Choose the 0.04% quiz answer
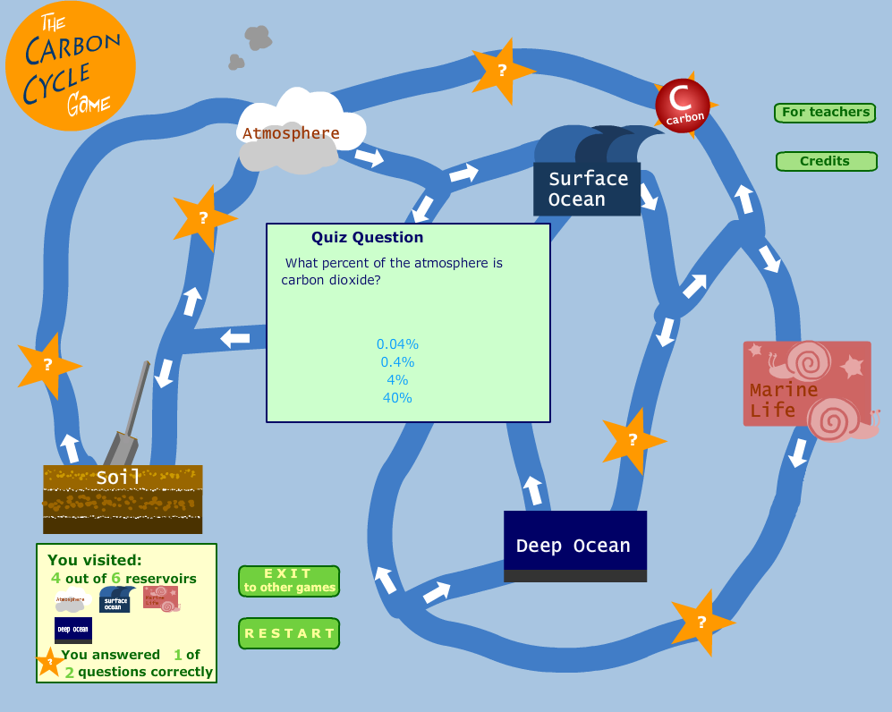[x=397, y=344]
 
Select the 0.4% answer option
[x=397, y=362]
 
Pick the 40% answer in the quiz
[x=397, y=398]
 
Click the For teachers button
[x=825, y=113]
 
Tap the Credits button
[x=825, y=162]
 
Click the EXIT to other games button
[x=289, y=581]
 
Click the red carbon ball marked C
[x=683, y=106]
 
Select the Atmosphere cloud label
[x=291, y=134]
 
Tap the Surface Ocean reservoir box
[x=587, y=189]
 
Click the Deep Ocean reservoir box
[x=574, y=546]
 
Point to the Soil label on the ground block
[x=119, y=479]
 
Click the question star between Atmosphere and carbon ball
[x=502, y=70]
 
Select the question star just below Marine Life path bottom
[x=701, y=622]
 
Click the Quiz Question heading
[x=367, y=238]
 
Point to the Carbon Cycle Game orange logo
[x=70, y=68]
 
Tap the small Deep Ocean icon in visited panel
[x=73, y=630]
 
